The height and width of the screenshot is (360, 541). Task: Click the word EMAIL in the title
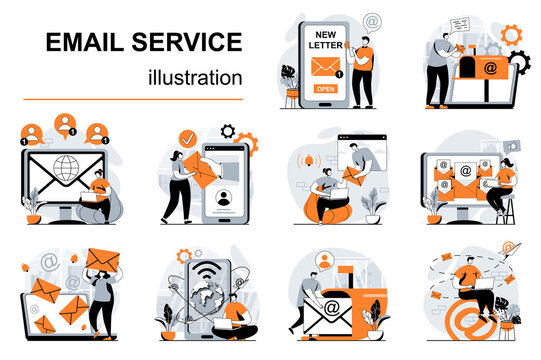click(x=82, y=42)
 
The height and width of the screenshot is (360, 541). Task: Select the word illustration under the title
click(x=195, y=76)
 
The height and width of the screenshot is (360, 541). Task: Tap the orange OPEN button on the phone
click(x=326, y=88)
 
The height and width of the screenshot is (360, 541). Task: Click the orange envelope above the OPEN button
click(x=326, y=66)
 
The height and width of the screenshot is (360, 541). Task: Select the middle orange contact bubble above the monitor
click(x=63, y=127)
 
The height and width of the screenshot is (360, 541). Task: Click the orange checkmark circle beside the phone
click(x=187, y=139)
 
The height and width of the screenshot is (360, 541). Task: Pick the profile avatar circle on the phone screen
click(x=225, y=197)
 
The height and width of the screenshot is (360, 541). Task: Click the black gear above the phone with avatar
click(x=228, y=131)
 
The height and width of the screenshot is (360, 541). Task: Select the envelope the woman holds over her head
click(x=100, y=260)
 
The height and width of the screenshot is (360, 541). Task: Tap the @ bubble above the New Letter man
click(x=371, y=19)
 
